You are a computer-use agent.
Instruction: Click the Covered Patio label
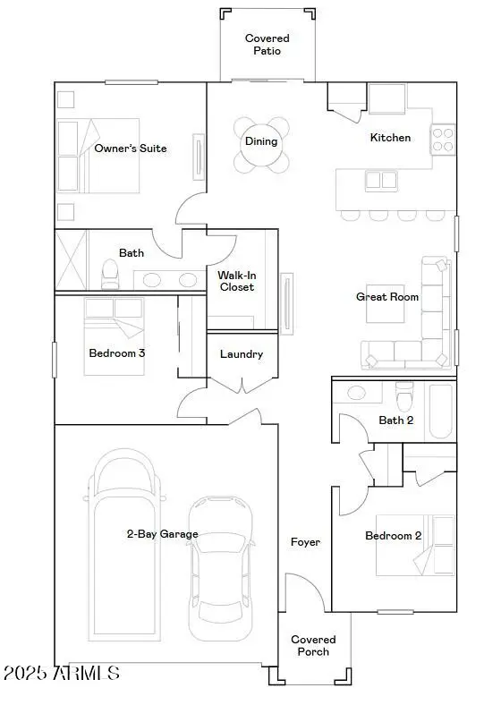(267, 45)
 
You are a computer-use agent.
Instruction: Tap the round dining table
(262, 143)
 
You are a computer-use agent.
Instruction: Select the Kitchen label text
(391, 138)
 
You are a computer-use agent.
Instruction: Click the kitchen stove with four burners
(443, 139)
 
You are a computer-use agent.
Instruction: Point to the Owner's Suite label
(131, 149)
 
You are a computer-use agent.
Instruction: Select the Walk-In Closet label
(236, 281)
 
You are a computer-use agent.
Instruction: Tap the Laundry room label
(242, 354)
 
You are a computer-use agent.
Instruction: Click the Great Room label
(387, 297)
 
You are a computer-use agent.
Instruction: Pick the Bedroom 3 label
(117, 353)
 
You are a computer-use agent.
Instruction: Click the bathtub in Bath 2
(440, 412)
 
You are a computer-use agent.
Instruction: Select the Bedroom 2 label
(393, 536)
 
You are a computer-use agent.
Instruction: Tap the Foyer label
(305, 542)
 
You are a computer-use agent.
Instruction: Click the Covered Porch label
(314, 645)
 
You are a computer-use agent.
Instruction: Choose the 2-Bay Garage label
(162, 534)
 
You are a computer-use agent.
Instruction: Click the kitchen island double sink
(381, 181)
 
